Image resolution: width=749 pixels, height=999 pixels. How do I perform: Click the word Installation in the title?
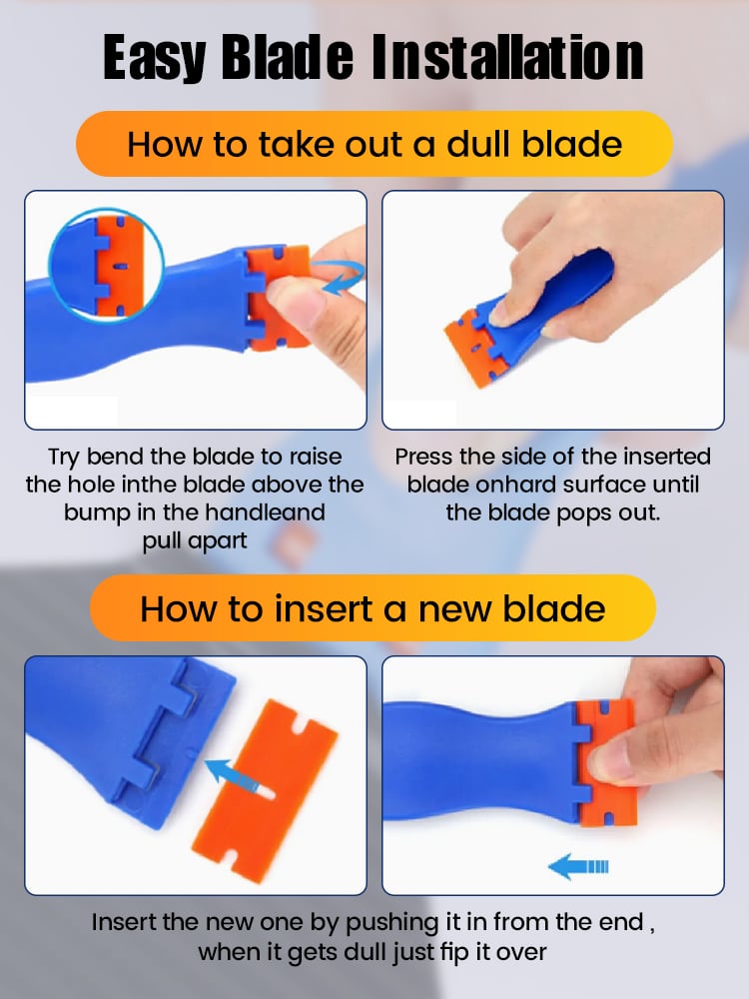click(507, 57)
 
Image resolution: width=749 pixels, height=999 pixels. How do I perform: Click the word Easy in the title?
click(154, 59)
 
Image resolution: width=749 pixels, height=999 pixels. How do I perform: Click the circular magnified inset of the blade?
click(107, 265)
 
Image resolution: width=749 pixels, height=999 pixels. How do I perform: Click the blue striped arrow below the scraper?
click(578, 866)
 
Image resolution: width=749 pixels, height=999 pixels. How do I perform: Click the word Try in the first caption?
click(64, 458)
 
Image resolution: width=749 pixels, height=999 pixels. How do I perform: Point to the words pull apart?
click(195, 541)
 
